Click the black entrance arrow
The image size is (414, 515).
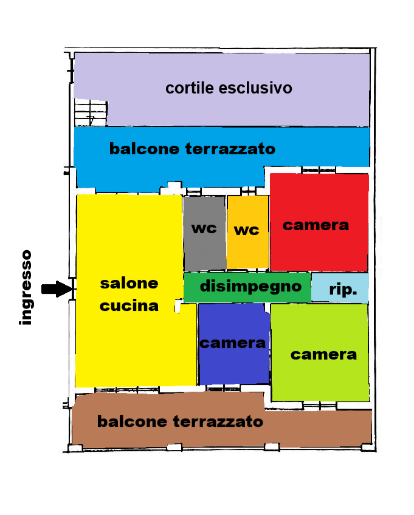pyautogui.click(x=57, y=289)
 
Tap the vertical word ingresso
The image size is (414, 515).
pyautogui.click(x=26, y=288)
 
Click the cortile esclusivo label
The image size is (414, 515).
pyautogui.click(x=229, y=88)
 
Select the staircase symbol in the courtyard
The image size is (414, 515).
pyautogui.click(x=91, y=113)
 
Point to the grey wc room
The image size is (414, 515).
pyautogui.click(x=204, y=233)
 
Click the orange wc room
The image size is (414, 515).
pyautogui.click(x=247, y=232)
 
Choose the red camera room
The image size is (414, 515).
pyautogui.click(x=319, y=222)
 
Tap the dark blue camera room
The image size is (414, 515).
pyautogui.click(x=234, y=344)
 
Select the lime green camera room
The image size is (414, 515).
pyautogui.click(x=320, y=352)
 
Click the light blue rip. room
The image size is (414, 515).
pyautogui.click(x=340, y=287)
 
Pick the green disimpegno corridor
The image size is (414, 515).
pyautogui.click(x=247, y=287)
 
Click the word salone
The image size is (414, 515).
pyautogui.click(x=129, y=284)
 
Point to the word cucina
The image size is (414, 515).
pyautogui.click(x=129, y=306)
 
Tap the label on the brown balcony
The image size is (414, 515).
pyautogui.click(x=180, y=421)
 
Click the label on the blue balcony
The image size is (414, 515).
pyautogui.click(x=192, y=149)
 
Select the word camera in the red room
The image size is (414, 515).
pyautogui.click(x=316, y=225)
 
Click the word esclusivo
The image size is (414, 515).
pyautogui.click(x=255, y=88)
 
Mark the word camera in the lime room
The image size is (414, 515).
pyautogui.click(x=323, y=355)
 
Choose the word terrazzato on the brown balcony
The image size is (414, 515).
pyautogui.click(x=218, y=421)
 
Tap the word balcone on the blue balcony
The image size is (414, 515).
pyautogui.click(x=144, y=149)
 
